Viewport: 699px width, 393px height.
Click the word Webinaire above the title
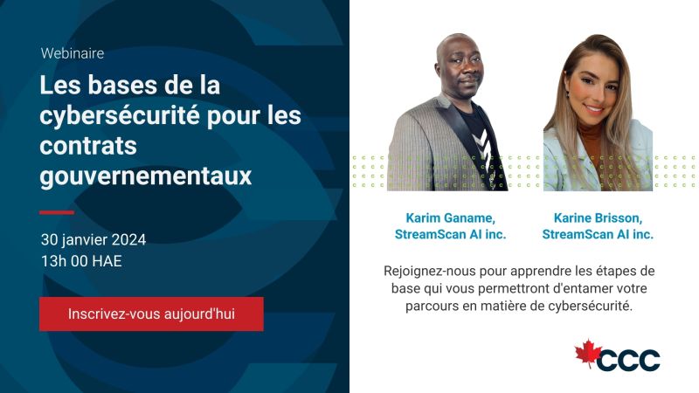pos(73,53)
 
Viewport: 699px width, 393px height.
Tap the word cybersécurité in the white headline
pos(119,116)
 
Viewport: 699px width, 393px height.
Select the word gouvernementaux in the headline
pos(146,176)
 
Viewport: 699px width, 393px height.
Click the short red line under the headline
pos(57,212)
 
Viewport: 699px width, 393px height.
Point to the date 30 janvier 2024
pos(93,239)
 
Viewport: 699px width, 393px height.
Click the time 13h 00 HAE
pos(81,261)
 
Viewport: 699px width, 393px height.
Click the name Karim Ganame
pos(450,217)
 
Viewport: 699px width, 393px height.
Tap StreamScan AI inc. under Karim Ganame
pos(450,234)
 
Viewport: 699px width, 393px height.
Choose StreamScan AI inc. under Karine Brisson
pos(598,234)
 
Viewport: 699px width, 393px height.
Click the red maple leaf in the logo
pos(588,354)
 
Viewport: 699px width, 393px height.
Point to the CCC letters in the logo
pos(628,360)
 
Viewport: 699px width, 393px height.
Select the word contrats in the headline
pos(88,146)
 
